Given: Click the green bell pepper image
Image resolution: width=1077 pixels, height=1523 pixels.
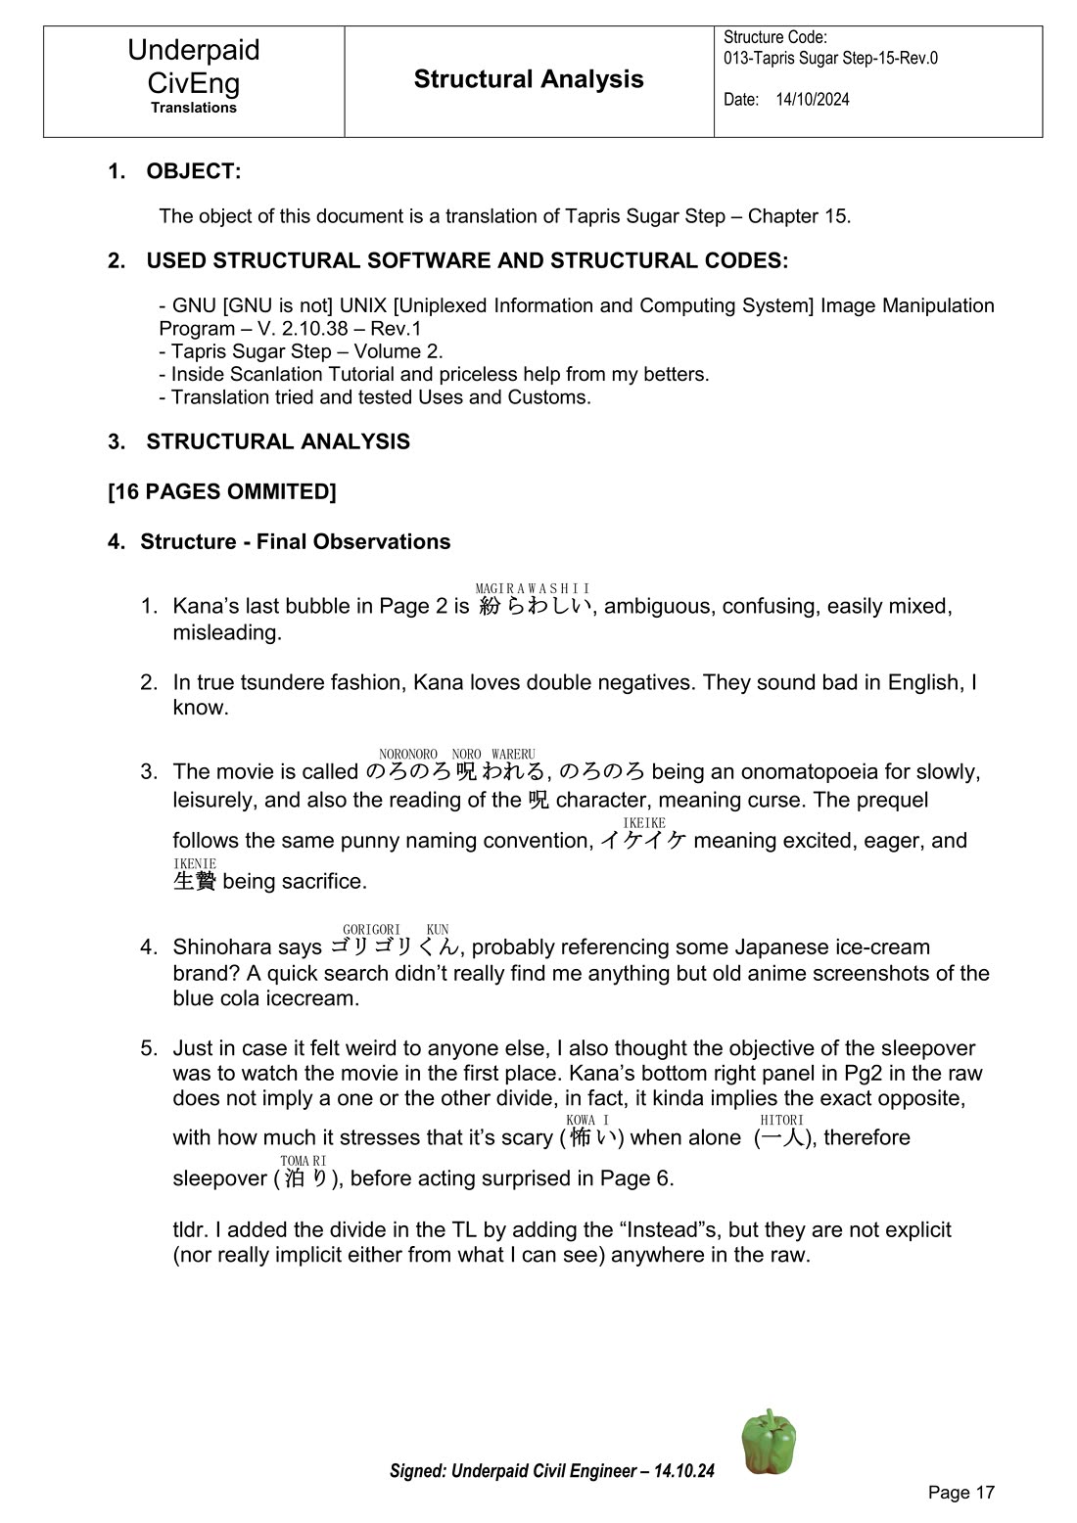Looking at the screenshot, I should [769, 1442].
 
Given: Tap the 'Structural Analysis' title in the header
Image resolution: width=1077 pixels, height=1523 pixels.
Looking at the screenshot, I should [529, 79].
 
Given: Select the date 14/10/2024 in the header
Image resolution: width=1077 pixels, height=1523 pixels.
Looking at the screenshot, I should [813, 100].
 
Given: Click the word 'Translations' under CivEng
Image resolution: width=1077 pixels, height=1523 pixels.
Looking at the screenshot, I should [194, 108].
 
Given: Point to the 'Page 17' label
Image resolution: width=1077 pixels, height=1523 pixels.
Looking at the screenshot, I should [960, 1492].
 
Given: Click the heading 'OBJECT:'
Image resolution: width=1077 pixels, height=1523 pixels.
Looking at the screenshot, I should [193, 171].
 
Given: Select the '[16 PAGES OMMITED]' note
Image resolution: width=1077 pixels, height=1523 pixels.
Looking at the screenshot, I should [222, 491].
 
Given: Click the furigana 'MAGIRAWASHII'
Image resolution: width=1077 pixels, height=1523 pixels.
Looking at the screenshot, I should [532, 588].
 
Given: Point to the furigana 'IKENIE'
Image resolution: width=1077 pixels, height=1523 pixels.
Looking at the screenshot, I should [194, 863].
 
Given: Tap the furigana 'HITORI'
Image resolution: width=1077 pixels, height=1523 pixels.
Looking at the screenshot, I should [781, 1120].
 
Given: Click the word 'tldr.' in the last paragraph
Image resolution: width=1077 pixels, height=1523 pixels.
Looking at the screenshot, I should [191, 1229].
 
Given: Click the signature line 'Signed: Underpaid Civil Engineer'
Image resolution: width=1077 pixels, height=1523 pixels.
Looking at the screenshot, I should [551, 1471].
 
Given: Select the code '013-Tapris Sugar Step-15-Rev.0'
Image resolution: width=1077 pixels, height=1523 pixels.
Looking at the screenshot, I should [830, 58].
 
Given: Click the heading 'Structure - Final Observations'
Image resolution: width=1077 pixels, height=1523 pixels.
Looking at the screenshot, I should [295, 541].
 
